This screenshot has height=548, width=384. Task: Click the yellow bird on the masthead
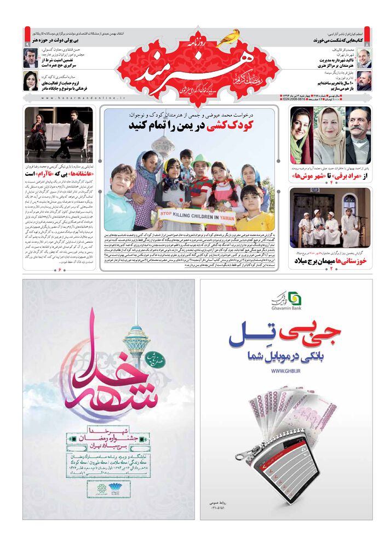230,37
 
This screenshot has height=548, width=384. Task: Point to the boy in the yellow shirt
252,208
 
